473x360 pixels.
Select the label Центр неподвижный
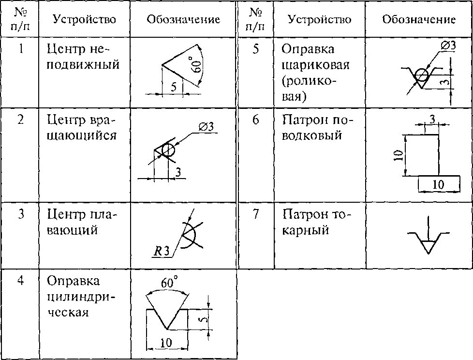click(x=83, y=57)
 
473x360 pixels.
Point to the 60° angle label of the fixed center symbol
click(x=196, y=65)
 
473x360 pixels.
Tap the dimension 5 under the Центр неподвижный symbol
click(x=173, y=87)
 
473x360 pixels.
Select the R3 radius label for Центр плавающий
click(x=161, y=251)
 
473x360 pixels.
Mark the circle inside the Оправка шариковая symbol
click(x=421, y=75)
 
